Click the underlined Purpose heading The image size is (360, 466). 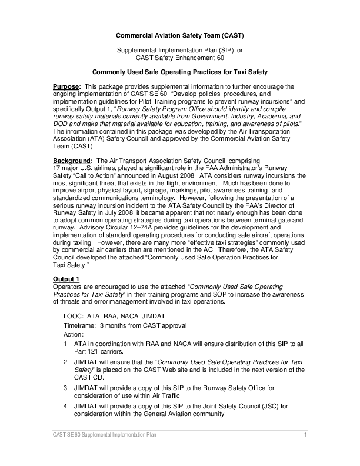66,87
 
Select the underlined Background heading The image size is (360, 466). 72,161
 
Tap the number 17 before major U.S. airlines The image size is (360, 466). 58,168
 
